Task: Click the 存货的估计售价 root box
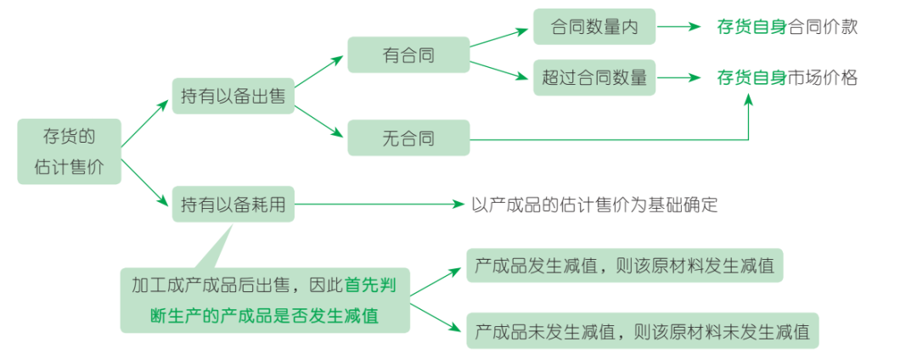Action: pos(69,151)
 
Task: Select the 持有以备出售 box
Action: pos(233,98)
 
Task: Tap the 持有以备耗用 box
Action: pos(233,205)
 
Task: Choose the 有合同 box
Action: pos(408,55)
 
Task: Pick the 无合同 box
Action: pos(408,138)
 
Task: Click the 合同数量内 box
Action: pos(594,27)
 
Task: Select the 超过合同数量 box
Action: pos(594,77)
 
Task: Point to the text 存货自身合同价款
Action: pos(786,27)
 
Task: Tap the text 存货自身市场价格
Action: pos(786,77)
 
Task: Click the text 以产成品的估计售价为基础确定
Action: pos(594,205)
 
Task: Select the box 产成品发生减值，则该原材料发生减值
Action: pos(624,266)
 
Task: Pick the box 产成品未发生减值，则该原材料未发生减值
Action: pos(642,330)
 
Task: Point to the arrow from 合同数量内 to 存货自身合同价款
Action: pos(679,27)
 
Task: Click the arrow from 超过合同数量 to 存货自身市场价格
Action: pos(679,77)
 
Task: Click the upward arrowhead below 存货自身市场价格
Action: pos(748,100)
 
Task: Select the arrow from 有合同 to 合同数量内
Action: pos(501,38)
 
